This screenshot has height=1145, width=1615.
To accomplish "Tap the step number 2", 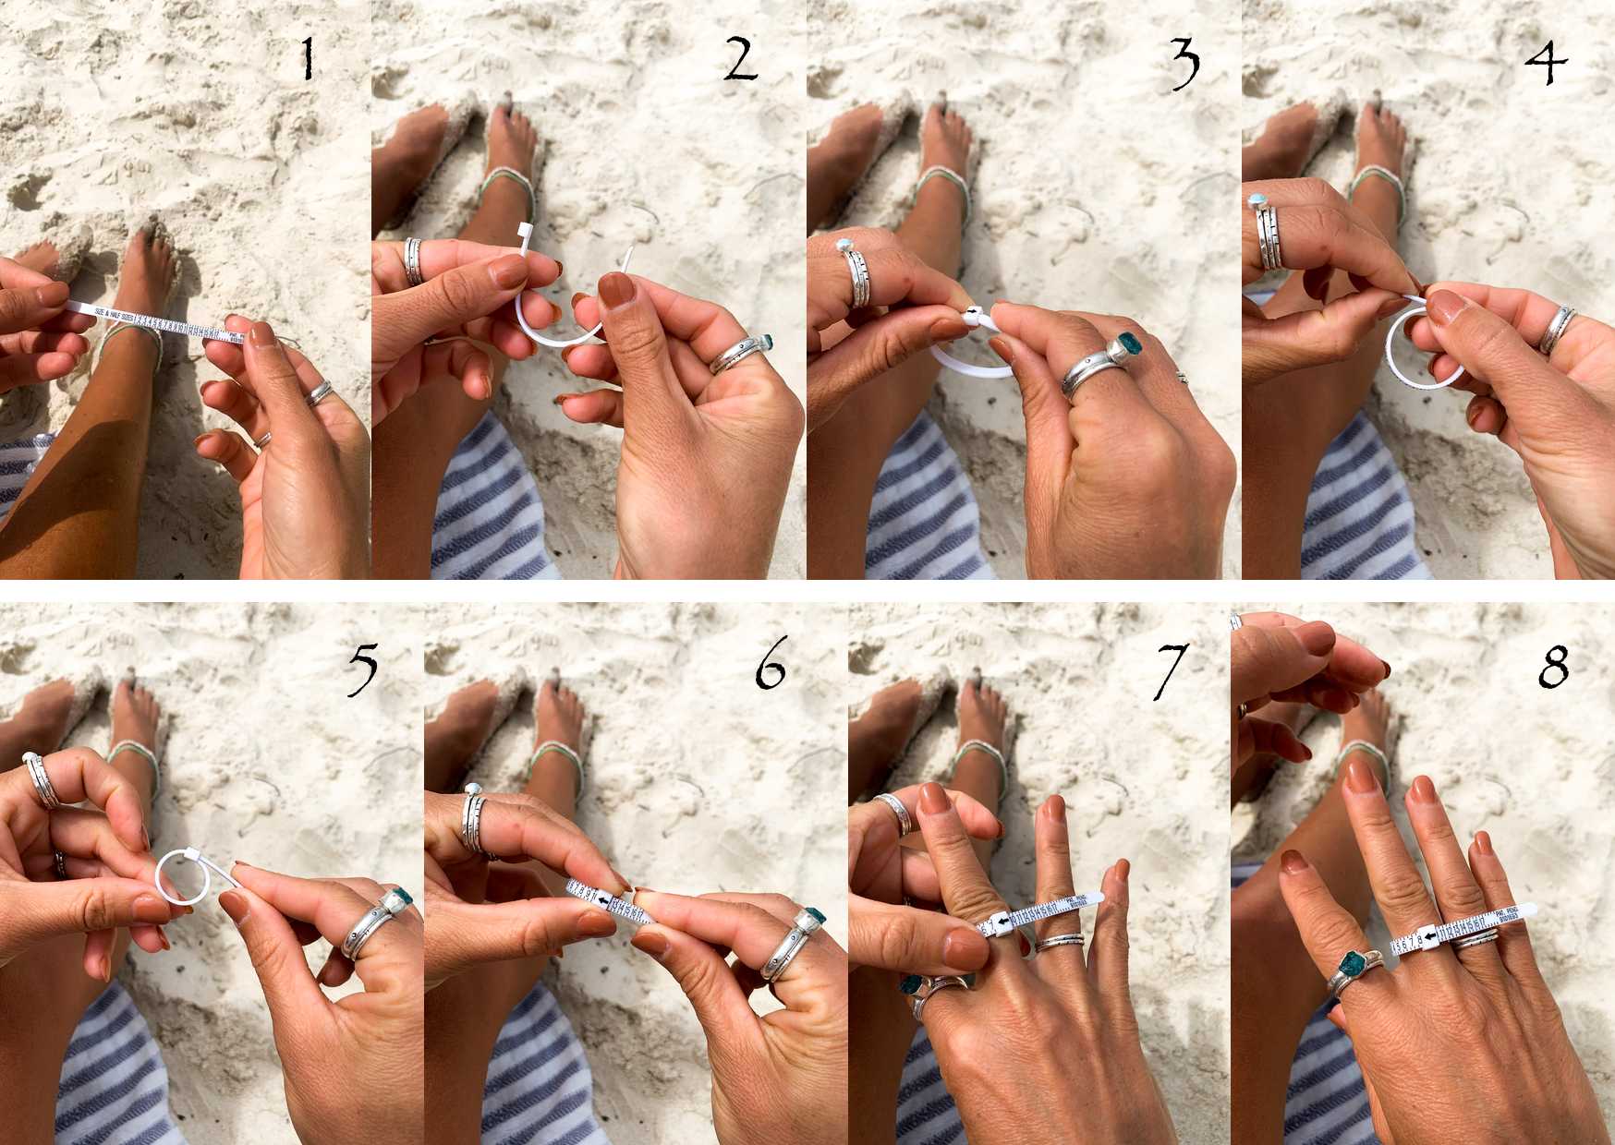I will click(741, 60).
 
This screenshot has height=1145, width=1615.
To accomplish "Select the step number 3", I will click(1184, 62).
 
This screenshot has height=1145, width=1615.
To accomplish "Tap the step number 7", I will click(1169, 669).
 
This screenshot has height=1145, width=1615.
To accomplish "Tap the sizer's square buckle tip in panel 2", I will click(524, 228).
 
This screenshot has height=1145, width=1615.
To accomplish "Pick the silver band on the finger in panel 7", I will click(1059, 942).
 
